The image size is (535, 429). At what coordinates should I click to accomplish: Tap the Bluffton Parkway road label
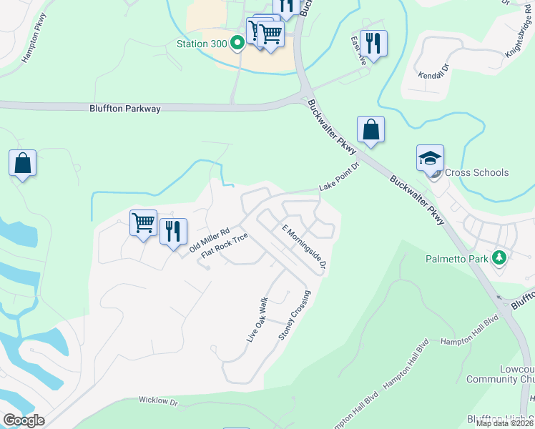coord(125,109)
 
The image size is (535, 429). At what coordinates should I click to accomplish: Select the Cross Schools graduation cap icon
coord(431,159)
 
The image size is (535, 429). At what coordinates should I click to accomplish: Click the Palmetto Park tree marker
coord(499,258)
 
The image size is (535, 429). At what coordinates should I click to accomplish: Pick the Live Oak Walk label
coord(257,319)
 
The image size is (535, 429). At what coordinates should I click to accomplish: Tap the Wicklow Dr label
coord(157,401)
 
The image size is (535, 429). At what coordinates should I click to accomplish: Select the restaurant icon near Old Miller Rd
coord(173,231)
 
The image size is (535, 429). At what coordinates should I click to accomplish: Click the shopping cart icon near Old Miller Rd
coord(143,223)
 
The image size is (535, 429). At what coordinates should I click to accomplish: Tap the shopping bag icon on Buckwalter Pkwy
coord(370,129)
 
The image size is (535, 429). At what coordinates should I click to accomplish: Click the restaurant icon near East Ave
coord(373,42)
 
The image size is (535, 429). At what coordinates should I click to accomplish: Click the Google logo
coord(23,420)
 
